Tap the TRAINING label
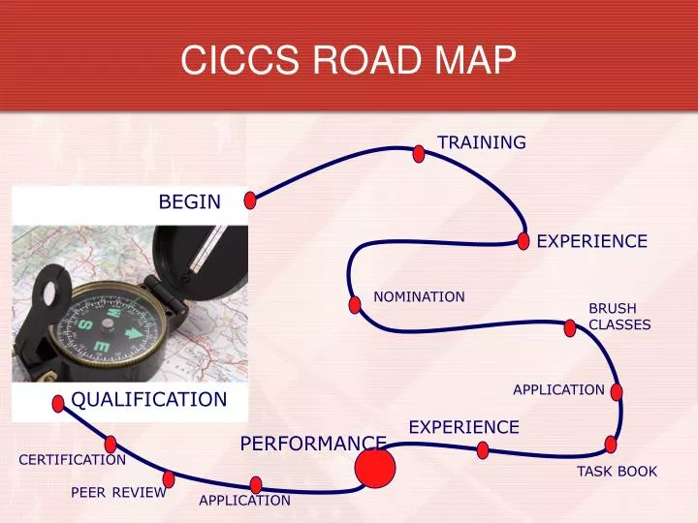(482, 142)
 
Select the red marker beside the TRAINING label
(419, 153)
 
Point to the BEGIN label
(190, 201)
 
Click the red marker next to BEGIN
(250, 200)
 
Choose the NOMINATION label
(420, 296)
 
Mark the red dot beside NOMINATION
(355, 304)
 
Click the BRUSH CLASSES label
(619, 317)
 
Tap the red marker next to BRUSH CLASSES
(570, 328)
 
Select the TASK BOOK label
(618, 472)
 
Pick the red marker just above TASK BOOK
(611, 445)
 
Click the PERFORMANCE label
(313, 444)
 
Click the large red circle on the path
(375, 469)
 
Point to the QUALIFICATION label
(149, 399)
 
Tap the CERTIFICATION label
(73, 459)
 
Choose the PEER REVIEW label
(118, 493)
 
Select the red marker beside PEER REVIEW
(169, 478)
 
